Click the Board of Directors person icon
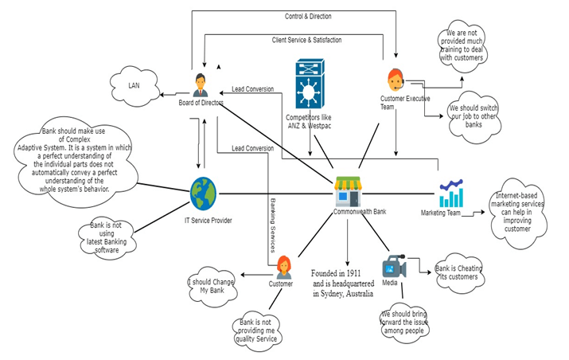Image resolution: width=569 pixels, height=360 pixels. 200,83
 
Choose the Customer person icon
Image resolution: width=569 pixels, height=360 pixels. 283,266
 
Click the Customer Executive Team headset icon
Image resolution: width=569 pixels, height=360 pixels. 396,80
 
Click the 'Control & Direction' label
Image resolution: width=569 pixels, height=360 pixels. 308,16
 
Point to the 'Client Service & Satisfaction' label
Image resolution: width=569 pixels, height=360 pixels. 308,39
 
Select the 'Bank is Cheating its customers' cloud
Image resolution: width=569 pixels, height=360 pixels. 458,272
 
